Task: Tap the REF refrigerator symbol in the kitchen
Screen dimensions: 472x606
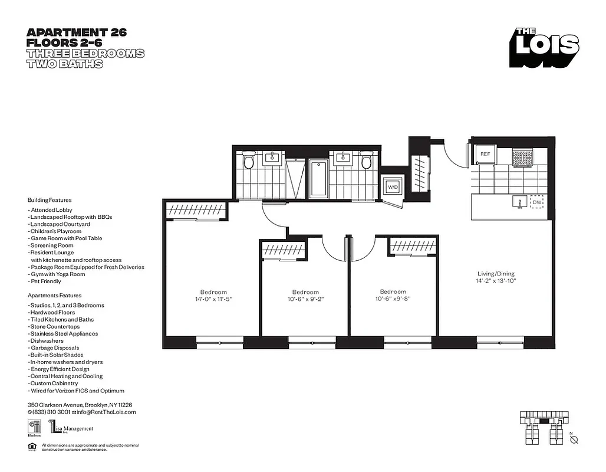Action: pos(485,154)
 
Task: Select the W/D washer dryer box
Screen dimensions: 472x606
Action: pos(393,187)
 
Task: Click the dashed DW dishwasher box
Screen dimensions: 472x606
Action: pos(536,202)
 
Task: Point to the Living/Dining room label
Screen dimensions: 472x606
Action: pos(496,274)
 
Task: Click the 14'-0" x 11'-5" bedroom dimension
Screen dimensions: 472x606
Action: pos(213,300)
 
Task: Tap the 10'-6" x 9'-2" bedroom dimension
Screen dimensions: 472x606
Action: pos(305,300)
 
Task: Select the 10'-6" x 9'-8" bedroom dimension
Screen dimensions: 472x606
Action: pos(393,299)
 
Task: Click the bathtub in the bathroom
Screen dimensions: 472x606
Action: pos(318,178)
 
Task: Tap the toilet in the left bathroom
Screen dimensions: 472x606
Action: pos(248,161)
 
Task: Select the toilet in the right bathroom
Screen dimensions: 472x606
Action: pos(367,161)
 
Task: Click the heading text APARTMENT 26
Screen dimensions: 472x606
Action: pos(77,32)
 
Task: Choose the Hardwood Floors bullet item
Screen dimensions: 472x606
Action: pos(52,312)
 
